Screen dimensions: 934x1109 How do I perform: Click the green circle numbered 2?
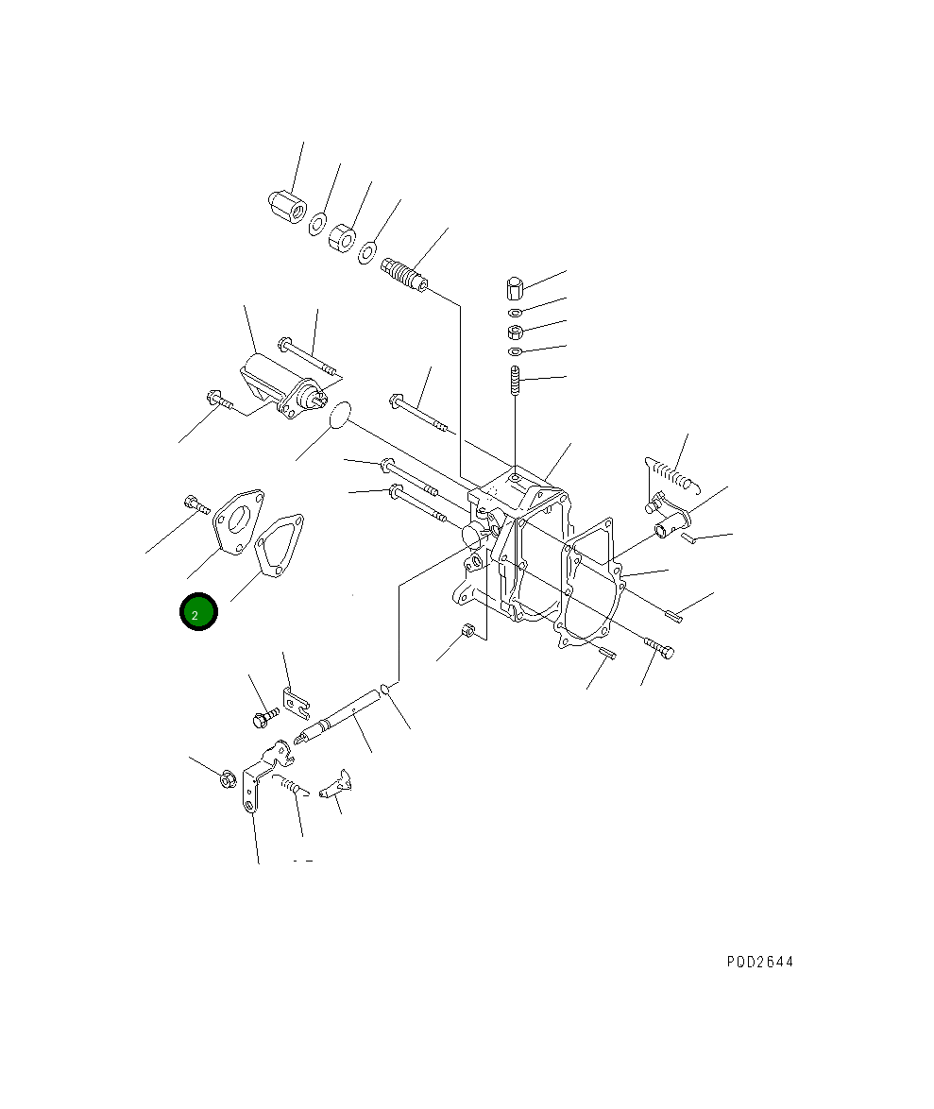[x=198, y=612]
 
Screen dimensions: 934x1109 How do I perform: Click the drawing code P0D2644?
[x=760, y=962]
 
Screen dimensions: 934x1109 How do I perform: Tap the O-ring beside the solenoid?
[x=340, y=415]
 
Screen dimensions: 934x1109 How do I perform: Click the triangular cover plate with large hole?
[x=238, y=521]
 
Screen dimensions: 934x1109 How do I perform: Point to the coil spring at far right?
[x=672, y=473]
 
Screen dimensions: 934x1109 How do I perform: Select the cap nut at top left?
[x=287, y=207]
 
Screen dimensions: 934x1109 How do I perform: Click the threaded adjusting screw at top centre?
[x=403, y=275]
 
